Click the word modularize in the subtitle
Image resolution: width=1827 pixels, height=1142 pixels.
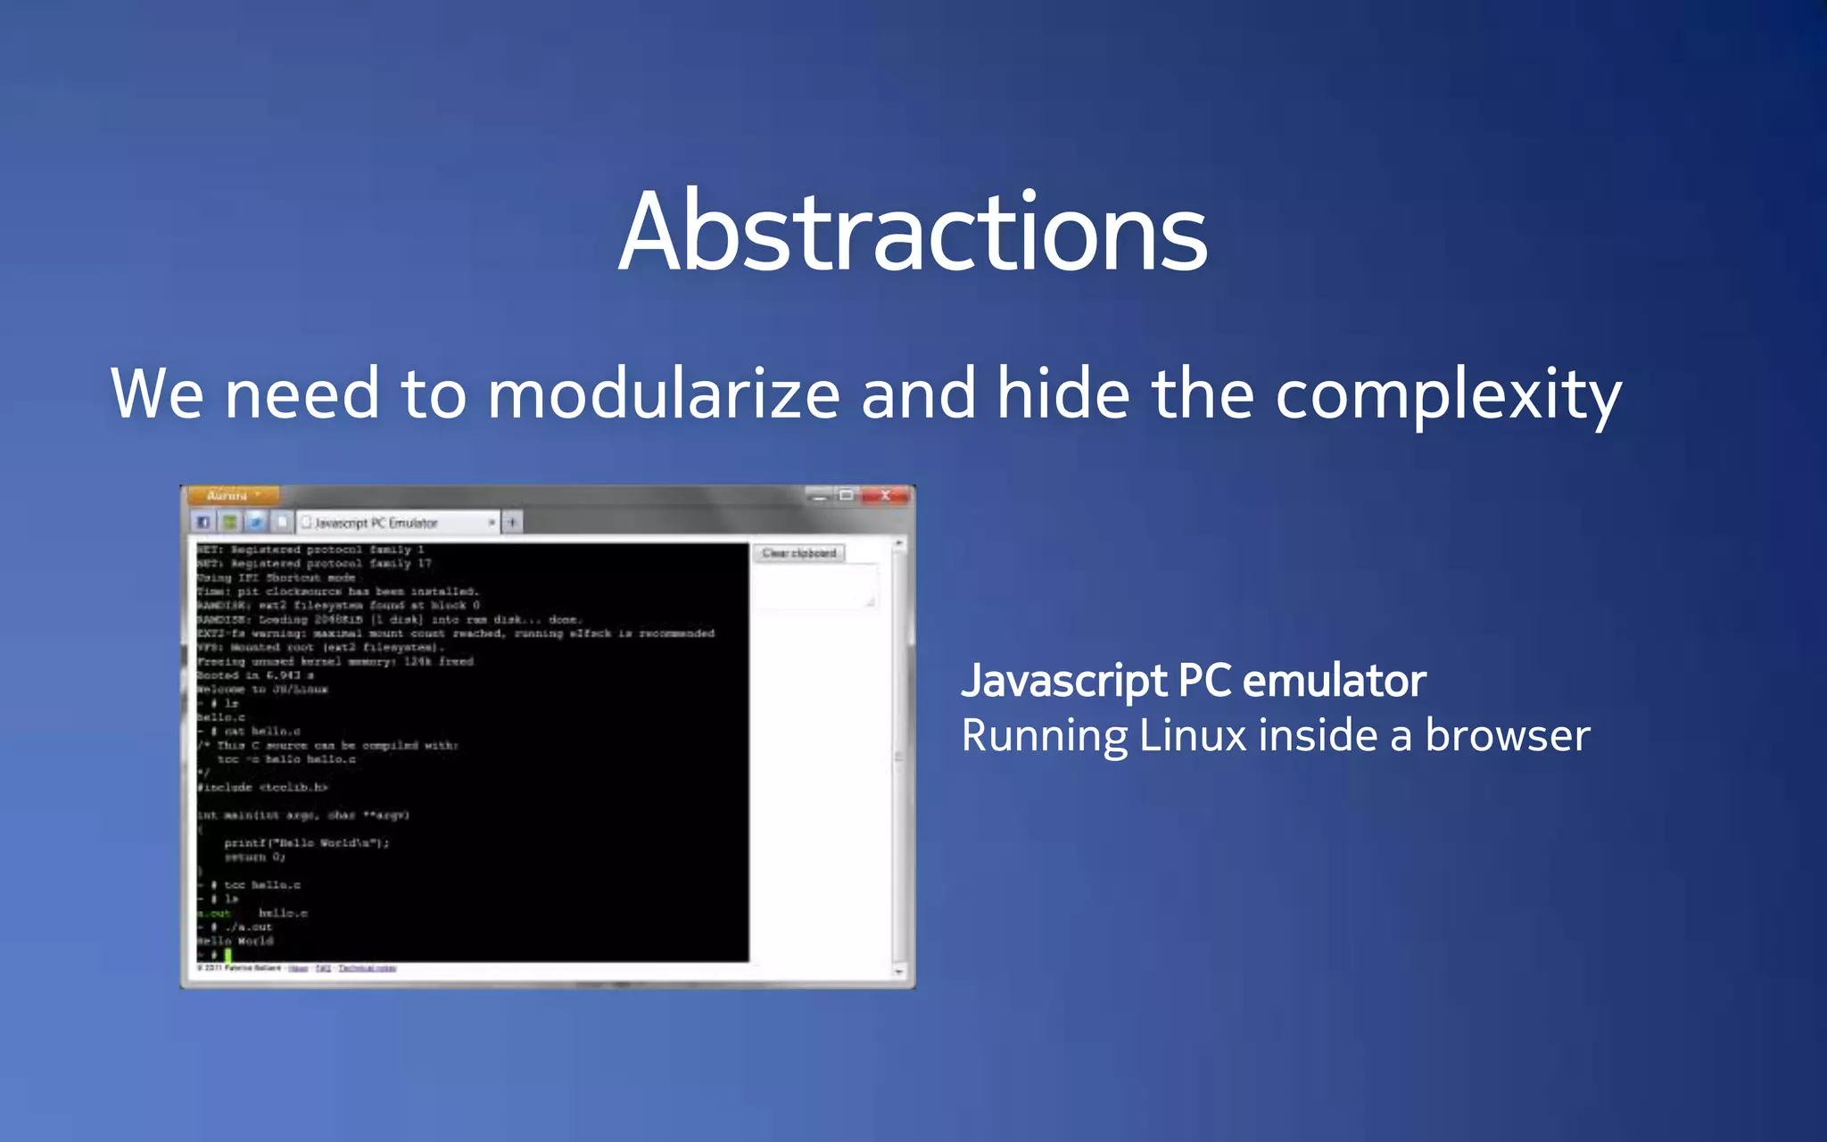pos(663,394)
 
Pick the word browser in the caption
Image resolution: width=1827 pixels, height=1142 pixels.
pos(1507,736)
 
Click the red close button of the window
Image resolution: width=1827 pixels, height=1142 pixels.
pos(885,495)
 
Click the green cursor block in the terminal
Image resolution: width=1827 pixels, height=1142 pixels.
pos(227,955)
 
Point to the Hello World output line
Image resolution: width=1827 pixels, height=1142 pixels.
pos(236,940)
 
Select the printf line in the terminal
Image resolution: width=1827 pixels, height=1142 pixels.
pos(306,842)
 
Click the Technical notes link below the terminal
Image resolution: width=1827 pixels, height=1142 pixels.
pos(368,968)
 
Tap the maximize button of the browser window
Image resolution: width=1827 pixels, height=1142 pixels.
pos(846,495)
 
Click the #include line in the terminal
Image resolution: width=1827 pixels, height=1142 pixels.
pos(263,787)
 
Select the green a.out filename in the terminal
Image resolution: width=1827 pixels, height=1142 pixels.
pos(215,913)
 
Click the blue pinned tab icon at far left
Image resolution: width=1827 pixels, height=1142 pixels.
pos(203,522)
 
